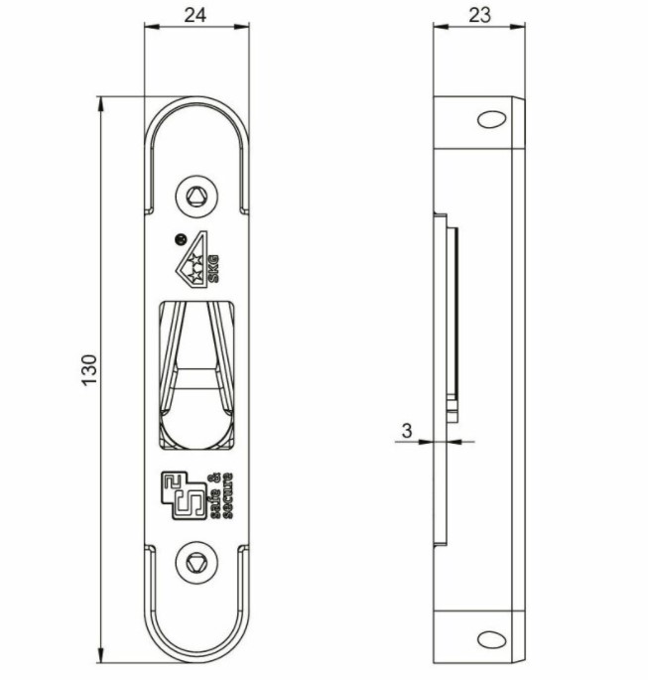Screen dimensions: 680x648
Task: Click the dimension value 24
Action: click(194, 16)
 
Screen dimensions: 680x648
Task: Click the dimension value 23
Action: click(478, 16)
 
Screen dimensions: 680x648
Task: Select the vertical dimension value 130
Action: click(87, 369)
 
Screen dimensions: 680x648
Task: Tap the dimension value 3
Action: click(407, 430)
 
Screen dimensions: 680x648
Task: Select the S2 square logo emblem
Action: click(184, 493)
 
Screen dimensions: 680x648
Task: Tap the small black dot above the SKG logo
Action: click(180, 237)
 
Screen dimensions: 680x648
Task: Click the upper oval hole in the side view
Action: click(490, 119)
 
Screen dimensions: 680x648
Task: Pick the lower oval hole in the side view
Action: click(490, 637)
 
